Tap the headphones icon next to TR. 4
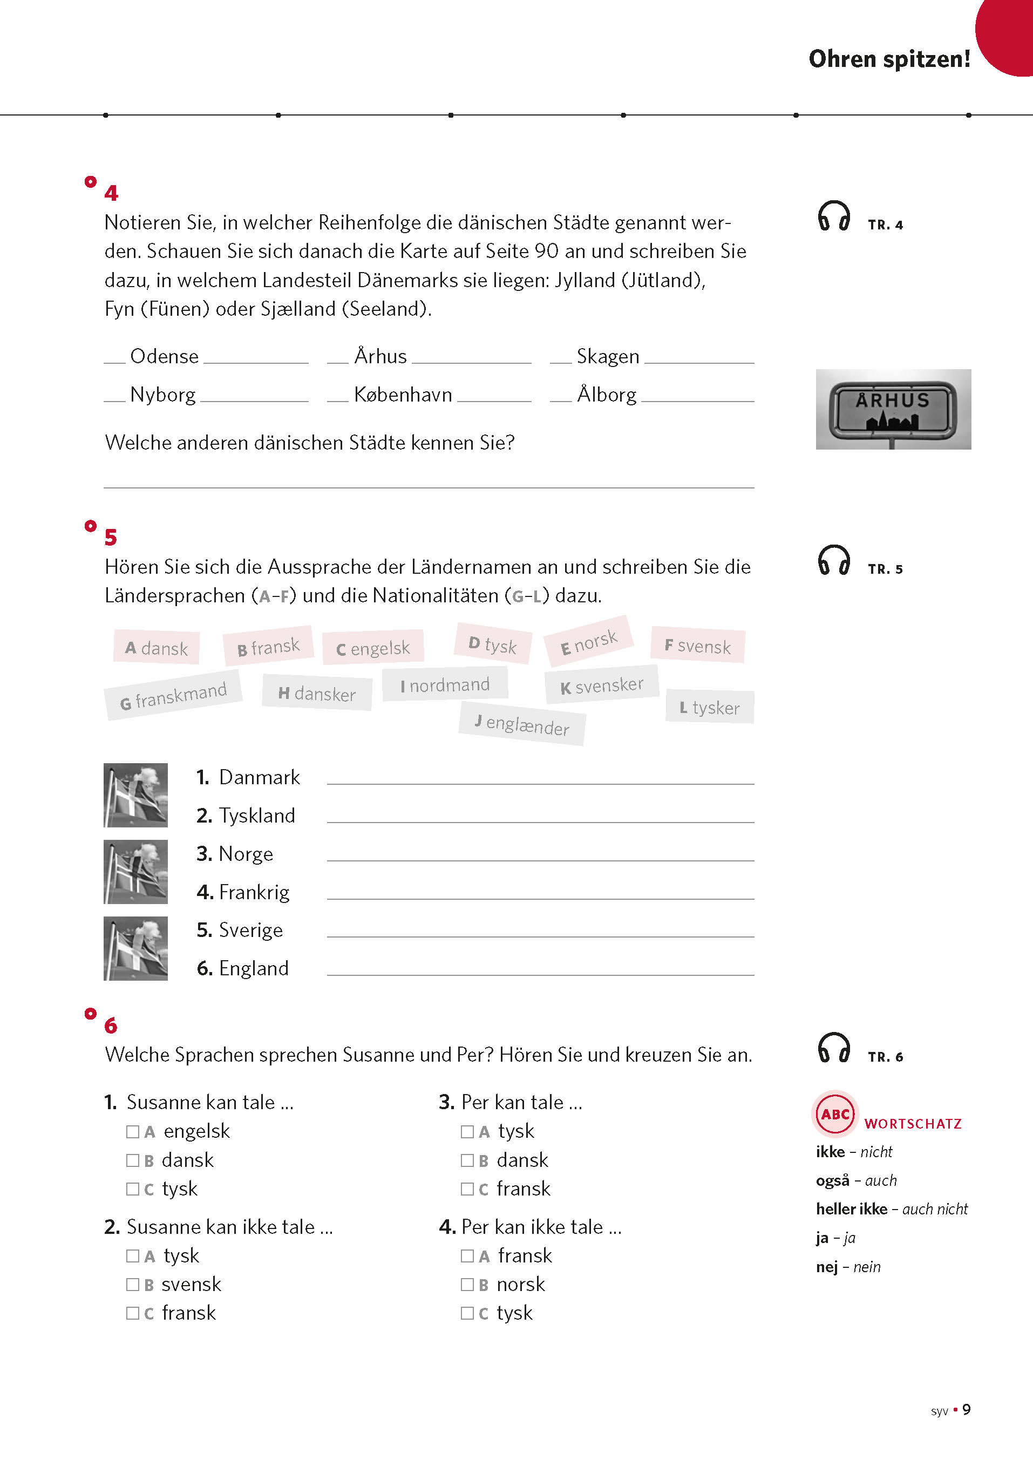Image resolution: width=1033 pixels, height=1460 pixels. pyautogui.click(x=833, y=216)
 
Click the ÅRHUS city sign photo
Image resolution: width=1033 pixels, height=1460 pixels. pyautogui.click(x=893, y=409)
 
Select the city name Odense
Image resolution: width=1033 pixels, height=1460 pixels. pyautogui.click(x=164, y=356)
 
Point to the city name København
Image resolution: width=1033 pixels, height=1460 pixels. pyautogui.click(x=403, y=395)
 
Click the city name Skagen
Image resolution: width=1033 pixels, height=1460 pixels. pyautogui.click(x=608, y=356)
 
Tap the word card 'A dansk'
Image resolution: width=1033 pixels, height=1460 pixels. pyautogui.click(x=157, y=648)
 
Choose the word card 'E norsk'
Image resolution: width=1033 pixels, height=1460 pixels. pyautogui.click(x=588, y=641)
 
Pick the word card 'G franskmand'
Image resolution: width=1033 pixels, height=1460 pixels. pyautogui.click(x=173, y=695)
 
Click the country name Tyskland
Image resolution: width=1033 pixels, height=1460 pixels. pyautogui.click(x=257, y=815)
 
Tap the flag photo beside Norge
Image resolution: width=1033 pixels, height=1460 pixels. pyautogui.click(x=135, y=872)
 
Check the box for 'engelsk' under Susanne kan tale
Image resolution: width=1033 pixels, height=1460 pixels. pyautogui.click(x=132, y=1131)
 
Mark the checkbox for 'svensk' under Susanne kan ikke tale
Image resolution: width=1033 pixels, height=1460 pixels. pyautogui.click(x=132, y=1285)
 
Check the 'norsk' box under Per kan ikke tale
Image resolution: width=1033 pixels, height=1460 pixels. pyautogui.click(x=467, y=1285)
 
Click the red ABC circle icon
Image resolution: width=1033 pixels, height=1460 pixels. pyautogui.click(x=834, y=1114)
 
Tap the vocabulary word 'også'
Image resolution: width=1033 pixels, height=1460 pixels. pyautogui.click(x=833, y=1181)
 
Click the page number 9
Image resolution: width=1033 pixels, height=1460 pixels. pyautogui.click(x=966, y=1409)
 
